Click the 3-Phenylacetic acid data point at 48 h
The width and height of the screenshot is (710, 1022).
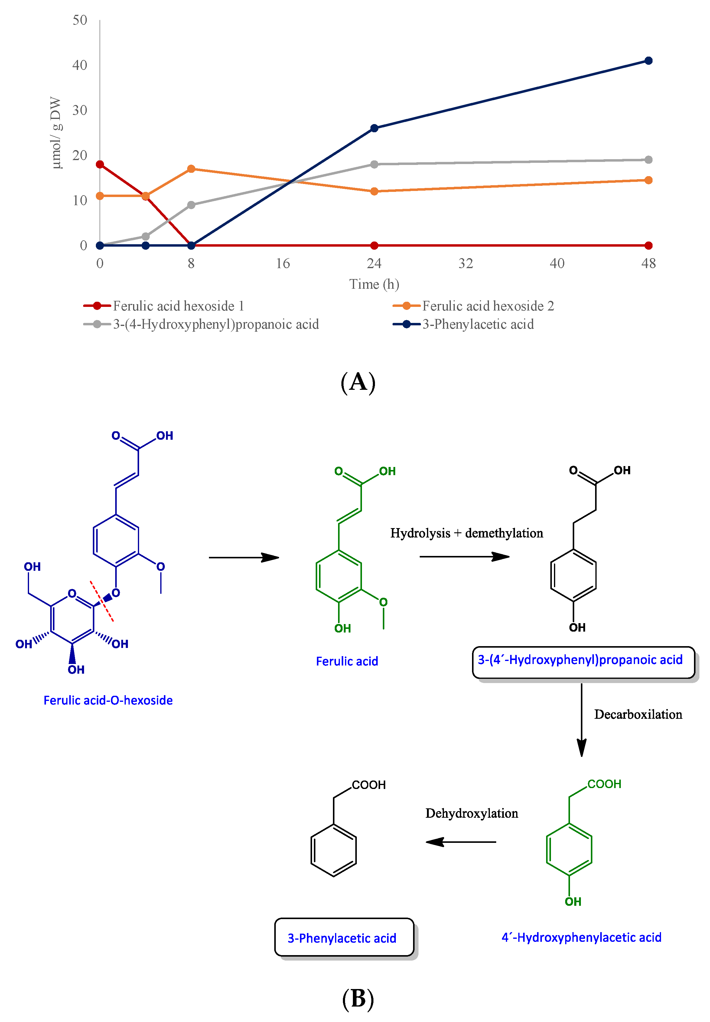pos(648,61)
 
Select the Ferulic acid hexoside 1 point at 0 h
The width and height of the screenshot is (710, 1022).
pos(100,165)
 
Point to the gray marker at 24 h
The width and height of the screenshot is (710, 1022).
pos(374,164)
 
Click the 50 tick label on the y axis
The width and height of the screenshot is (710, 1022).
pos(80,20)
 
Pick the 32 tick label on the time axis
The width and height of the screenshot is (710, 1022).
pos(465,264)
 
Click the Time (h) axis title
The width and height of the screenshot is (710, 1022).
pos(374,284)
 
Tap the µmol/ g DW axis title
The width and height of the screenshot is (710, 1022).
pos(56,133)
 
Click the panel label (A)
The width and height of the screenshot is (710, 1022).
pos(358,382)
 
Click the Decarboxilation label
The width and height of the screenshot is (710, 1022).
pos(638,715)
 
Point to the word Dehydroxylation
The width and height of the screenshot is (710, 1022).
pos(471,813)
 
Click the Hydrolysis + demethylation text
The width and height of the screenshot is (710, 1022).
pos(467,533)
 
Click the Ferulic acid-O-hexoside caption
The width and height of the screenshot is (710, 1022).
pos(108,700)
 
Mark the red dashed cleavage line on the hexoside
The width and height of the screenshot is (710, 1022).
pos(102,601)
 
